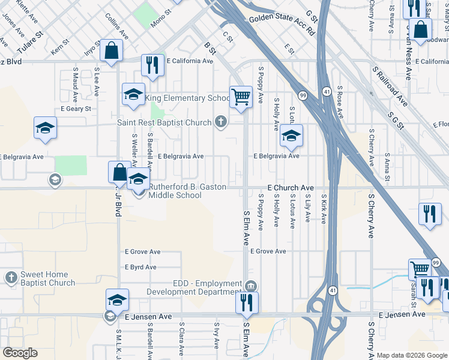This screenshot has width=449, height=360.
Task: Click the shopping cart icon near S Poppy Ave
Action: point(241,97)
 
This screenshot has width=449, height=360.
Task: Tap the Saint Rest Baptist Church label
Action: point(164,123)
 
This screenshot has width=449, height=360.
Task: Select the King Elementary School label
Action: point(186,98)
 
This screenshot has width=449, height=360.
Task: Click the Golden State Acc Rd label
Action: point(282,24)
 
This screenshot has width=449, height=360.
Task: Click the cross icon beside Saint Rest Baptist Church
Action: point(221,122)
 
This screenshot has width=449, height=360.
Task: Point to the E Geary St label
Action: point(76,109)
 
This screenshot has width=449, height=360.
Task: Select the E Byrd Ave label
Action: point(140,267)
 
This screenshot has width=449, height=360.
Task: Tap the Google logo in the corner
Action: point(20,353)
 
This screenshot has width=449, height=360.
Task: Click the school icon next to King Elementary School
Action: point(133,94)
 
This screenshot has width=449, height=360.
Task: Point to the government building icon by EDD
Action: point(251,285)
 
